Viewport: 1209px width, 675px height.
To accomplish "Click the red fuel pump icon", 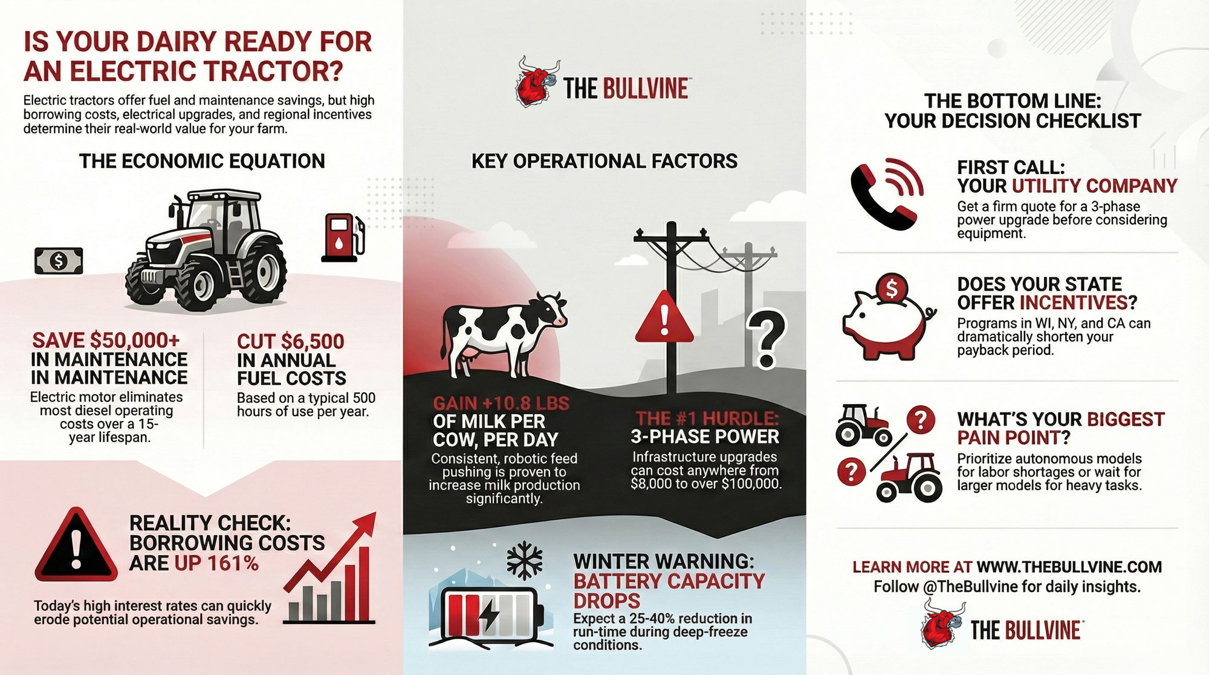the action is (342, 237).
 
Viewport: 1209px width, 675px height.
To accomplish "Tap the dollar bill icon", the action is (59, 261).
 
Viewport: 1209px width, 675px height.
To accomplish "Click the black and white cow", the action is (504, 333).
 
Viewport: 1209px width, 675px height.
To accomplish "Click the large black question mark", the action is (767, 339).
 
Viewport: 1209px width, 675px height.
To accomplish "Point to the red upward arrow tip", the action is (375, 513).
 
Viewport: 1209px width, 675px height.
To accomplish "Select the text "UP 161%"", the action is (216, 563).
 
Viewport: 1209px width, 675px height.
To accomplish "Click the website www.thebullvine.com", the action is (1069, 567).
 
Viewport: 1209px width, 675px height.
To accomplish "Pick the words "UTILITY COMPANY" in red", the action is (1095, 186).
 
